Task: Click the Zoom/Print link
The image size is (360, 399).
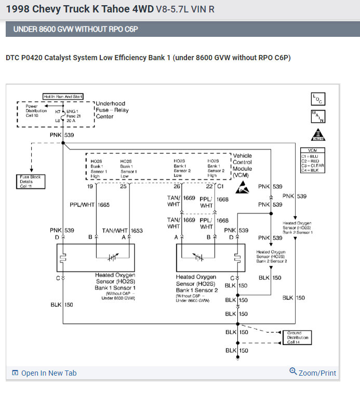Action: point(313,373)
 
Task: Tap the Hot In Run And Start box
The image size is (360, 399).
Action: point(62,97)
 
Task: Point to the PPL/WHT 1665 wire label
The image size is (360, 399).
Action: point(89,205)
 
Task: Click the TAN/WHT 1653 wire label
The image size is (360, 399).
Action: point(123,230)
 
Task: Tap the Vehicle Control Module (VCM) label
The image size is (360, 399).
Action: point(243,165)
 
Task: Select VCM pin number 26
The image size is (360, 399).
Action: point(177,186)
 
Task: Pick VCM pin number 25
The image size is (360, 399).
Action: point(123,186)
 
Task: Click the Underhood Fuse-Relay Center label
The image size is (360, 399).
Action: point(112,110)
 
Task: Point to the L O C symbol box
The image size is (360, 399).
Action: point(317,99)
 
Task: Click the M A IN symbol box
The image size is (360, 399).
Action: point(317,116)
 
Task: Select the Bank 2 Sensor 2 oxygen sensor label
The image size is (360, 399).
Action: point(271,256)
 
